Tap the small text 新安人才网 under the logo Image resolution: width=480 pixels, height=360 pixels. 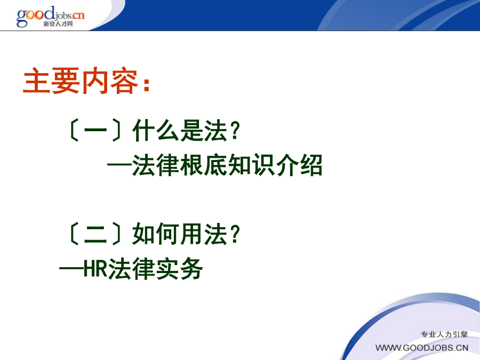[x=58, y=24]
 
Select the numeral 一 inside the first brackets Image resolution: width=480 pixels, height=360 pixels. [x=95, y=131]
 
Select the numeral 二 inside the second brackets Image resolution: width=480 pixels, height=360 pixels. [x=95, y=234]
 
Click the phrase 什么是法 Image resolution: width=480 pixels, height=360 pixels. [x=180, y=131]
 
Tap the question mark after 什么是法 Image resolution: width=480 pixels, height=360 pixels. [x=235, y=131]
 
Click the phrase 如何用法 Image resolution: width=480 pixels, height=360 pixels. [x=180, y=234]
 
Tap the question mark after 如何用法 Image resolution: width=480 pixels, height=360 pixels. [x=235, y=234]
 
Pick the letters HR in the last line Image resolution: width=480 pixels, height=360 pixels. [x=95, y=268]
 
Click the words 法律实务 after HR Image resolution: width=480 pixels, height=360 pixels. [x=155, y=268]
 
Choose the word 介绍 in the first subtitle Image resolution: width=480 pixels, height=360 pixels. [x=299, y=165]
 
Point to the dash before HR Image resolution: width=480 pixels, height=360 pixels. [x=71, y=269]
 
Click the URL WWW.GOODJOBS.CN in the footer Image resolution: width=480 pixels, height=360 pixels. [x=422, y=348]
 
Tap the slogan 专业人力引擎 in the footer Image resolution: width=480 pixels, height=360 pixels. [x=444, y=334]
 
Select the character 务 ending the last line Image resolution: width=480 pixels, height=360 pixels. [x=191, y=268]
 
